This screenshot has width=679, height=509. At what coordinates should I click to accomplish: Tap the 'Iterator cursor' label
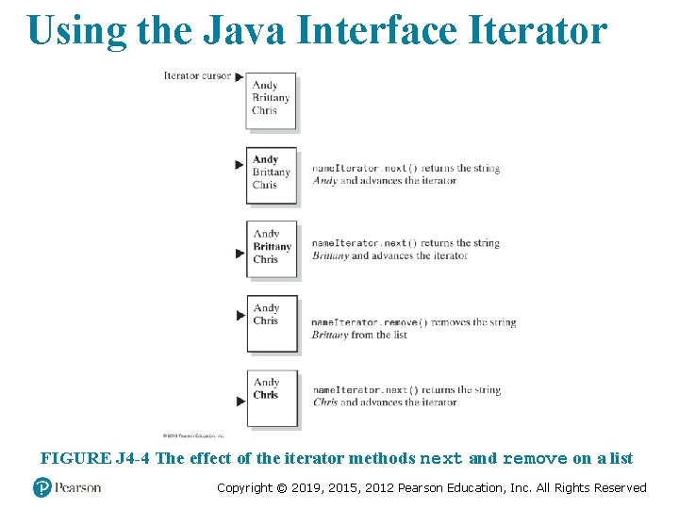coord(196,75)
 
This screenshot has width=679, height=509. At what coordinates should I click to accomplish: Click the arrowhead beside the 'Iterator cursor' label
coord(240,76)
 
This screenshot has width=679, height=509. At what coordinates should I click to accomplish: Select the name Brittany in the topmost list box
coord(271,98)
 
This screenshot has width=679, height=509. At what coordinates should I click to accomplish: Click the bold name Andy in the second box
coord(266,160)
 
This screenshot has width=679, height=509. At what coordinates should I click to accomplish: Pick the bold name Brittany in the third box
coord(273,247)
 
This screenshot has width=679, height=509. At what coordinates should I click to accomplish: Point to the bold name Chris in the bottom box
coord(266,395)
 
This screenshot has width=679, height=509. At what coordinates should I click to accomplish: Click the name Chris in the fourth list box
coord(266,320)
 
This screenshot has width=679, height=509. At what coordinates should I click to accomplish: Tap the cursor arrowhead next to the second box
coord(240,165)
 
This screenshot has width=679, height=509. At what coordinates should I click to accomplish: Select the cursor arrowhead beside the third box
coord(240,253)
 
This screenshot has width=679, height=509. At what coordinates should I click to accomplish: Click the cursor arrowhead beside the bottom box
coord(240,401)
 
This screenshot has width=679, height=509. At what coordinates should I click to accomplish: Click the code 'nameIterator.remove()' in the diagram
coord(369,322)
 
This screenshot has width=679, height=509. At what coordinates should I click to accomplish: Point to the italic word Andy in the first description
coord(324,181)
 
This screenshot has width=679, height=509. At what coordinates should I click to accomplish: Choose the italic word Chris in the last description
coord(325,402)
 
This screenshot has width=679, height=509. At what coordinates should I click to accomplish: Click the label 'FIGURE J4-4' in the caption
coord(95,459)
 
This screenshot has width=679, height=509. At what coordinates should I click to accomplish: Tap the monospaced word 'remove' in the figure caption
coord(535,459)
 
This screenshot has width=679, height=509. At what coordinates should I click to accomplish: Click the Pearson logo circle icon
coord(41,487)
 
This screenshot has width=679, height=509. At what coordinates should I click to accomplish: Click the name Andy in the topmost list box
coord(265,86)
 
